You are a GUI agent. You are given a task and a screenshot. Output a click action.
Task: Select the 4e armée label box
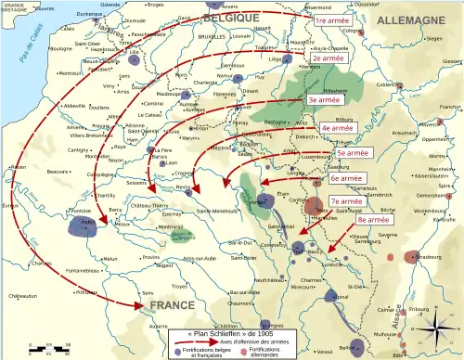coord(341,129)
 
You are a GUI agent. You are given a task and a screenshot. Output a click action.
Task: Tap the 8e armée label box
coord(374,222)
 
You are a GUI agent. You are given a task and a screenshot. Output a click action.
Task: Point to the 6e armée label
coord(347,178)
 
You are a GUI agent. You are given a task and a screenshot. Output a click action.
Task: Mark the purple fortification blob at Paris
coord(88,227)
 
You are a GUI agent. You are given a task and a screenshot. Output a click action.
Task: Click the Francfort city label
coord(448,108)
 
